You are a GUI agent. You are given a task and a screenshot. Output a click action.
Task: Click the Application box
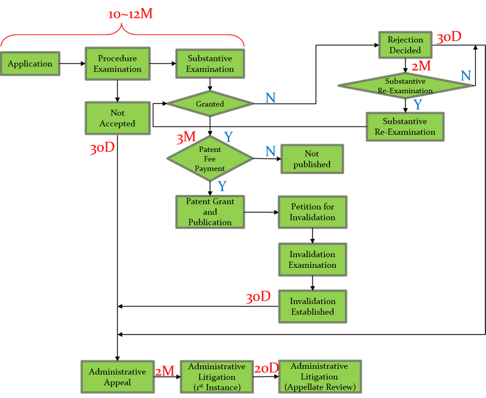(30, 64)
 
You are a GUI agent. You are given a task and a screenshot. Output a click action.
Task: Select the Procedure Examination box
(118, 63)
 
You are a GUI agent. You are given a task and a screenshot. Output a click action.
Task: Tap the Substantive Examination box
(210, 63)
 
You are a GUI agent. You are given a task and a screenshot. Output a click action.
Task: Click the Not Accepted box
(117, 118)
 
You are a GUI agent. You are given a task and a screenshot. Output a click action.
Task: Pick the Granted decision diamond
(210, 104)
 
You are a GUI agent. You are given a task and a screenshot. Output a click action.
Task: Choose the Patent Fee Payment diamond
(210, 159)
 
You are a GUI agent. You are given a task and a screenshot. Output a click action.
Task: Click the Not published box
(312, 159)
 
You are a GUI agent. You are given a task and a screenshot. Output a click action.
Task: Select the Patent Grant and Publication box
(210, 211)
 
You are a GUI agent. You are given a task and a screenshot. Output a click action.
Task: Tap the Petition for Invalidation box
(312, 212)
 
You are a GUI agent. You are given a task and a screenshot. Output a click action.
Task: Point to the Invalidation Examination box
(312, 260)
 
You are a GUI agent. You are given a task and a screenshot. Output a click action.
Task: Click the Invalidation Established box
(312, 307)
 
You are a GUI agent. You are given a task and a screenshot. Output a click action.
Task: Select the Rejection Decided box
(405, 45)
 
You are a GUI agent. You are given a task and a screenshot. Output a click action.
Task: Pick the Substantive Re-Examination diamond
(405, 86)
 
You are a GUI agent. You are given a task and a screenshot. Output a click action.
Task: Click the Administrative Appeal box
(117, 377)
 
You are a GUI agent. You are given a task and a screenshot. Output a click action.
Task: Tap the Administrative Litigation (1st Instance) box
(217, 377)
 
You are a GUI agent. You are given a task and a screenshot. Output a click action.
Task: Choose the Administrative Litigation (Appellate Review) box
(319, 377)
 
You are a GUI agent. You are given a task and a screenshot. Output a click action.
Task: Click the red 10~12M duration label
(130, 14)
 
